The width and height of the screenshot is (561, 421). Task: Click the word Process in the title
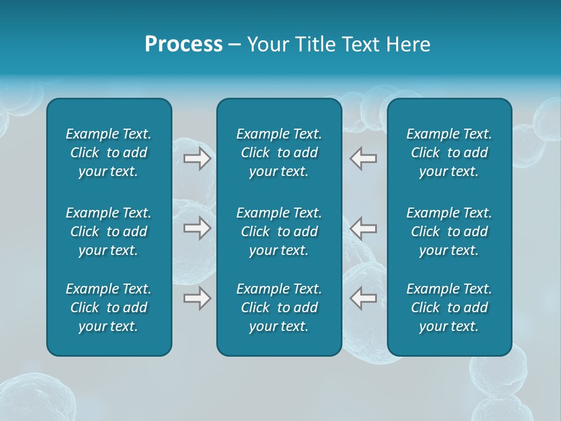(183, 44)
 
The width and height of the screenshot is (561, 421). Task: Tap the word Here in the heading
(407, 44)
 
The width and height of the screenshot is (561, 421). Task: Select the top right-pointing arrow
(197, 158)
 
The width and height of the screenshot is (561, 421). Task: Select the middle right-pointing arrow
(197, 228)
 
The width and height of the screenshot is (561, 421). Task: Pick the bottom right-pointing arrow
(197, 298)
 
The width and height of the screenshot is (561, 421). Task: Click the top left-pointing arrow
(363, 158)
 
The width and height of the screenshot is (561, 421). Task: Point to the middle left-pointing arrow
(363, 228)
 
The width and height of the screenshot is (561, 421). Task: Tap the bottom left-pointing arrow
(363, 298)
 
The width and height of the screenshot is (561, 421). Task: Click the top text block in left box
(109, 153)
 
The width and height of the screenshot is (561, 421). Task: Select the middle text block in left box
(109, 232)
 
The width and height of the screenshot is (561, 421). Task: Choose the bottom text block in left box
(109, 308)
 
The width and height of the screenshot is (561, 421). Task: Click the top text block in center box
(279, 153)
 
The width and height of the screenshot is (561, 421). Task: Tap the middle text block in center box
(279, 232)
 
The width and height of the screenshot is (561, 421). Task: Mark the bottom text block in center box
(279, 308)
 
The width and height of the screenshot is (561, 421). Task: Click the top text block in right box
(449, 153)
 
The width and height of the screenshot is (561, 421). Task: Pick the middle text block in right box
(449, 232)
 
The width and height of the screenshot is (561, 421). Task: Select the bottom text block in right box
(449, 308)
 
